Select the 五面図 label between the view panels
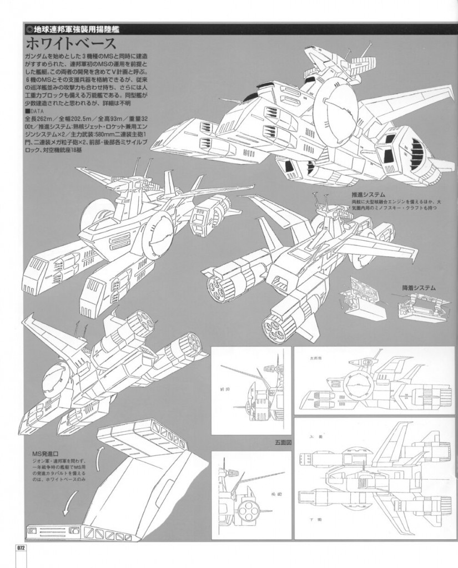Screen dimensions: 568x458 276,443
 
